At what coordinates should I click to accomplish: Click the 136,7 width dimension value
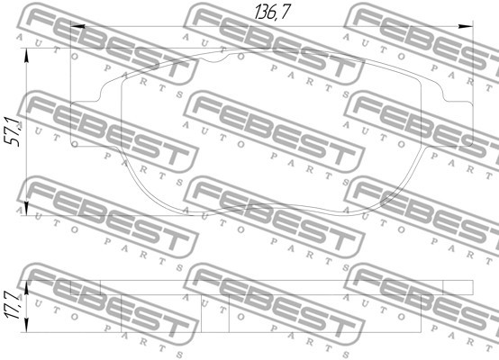coord(272,12)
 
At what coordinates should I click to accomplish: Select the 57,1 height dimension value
coord(14,132)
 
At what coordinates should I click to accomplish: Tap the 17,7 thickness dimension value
coord(12,304)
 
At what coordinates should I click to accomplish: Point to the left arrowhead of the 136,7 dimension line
coord(77,26)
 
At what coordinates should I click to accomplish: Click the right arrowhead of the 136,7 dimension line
coord(466,26)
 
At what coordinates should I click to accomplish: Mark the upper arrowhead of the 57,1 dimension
coord(26,55)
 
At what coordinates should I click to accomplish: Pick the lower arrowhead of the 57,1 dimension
coord(26,209)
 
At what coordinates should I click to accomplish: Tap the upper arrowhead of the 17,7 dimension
coord(26,287)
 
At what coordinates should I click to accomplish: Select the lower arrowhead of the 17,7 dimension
coord(26,325)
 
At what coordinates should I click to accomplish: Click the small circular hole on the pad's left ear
coord(75,144)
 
